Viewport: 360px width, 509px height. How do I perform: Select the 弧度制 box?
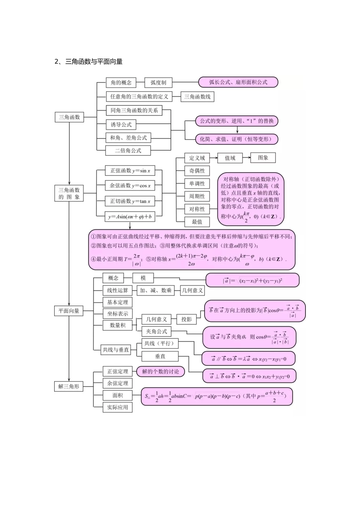coord(158,83)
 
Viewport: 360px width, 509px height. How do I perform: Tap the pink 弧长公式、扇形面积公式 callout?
coord(238,82)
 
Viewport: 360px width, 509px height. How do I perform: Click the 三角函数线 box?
coord(197,97)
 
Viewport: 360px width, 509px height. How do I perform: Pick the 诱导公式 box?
coord(121,125)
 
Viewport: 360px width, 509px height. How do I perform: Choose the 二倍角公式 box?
coord(128,151)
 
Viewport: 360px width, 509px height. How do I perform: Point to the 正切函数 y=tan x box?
coord(130,201)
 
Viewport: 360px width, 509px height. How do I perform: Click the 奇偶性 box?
coord(197,171)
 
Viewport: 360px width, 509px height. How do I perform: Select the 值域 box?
coord(230,158)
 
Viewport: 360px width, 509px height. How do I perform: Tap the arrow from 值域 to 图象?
coord(245,158)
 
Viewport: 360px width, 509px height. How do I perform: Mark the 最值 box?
coord(197,222)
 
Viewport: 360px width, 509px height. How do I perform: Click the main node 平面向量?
coord(69,311)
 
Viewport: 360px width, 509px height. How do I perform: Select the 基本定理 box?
coord(117,302)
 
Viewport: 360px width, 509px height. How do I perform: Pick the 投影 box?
coord(186,319)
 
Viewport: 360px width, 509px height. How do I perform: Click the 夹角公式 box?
coord(157,331)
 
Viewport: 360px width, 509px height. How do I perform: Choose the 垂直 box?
coord(160,356)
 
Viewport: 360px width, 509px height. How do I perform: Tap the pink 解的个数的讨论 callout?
coord(161,372)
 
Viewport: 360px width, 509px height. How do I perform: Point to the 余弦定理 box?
coord(117,383)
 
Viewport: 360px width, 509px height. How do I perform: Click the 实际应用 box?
coord(117,407)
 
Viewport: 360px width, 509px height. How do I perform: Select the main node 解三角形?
coord(69,387)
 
